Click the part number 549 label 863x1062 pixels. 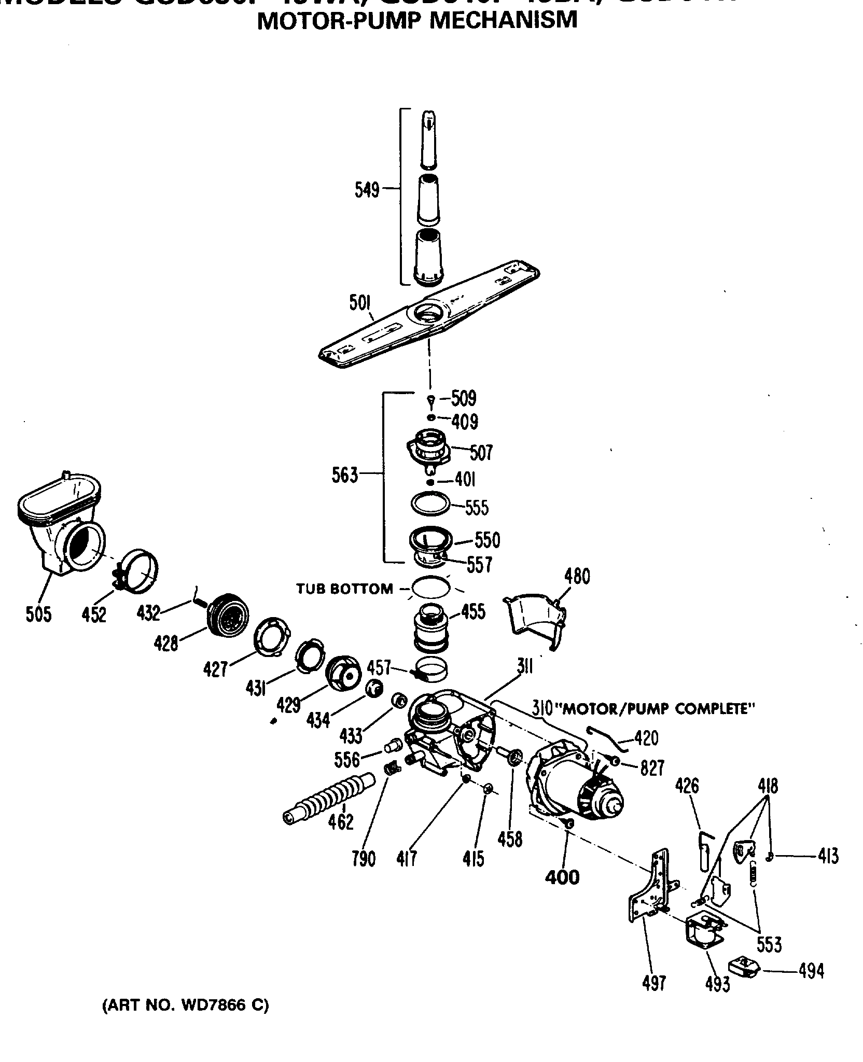[367, 190]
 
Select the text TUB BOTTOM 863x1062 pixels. [344, 589]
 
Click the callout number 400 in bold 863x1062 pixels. [562, 877]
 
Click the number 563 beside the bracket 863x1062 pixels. [345, 475]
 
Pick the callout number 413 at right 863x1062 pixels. [827, 856]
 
